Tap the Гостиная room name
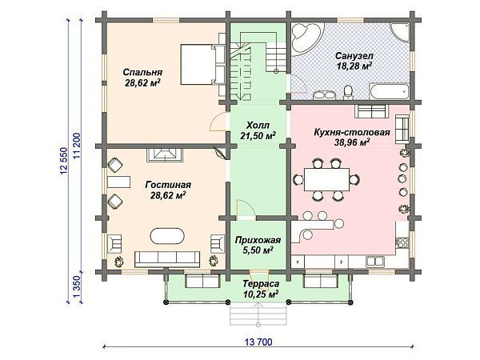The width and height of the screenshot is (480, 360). pyautogui.click(x=166, y=184)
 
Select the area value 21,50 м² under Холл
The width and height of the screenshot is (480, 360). pyautogui.click(x=259, y=136)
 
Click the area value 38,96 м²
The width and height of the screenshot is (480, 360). pyautogui.click(x=353, y=143)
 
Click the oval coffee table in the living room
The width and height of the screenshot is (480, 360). pyautogui.click(x=166, y=237)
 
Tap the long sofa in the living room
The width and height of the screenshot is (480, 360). pyautogui.click(x=166, y=258)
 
